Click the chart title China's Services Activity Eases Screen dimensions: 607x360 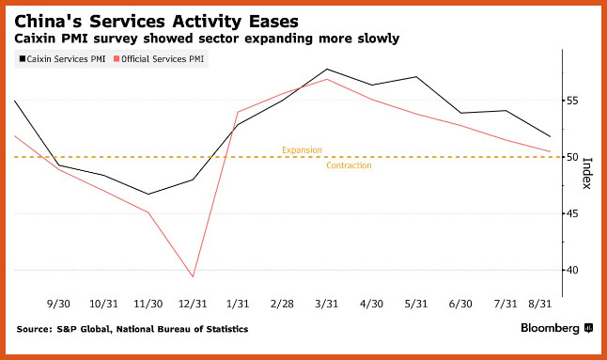coord(156,22)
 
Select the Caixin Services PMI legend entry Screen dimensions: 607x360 coord(62,59)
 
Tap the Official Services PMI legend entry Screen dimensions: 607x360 coord(159,59)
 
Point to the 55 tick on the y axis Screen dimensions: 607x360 coord(572,101)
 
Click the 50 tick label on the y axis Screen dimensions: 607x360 coord(572,157)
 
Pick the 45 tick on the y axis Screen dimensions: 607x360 coord(572,213)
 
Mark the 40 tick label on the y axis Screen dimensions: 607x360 coord(572,270)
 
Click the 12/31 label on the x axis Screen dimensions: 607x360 coord(193,304)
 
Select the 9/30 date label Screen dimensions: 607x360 coord(58,304)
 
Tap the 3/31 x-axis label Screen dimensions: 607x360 coord(327,304)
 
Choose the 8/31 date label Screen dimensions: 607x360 coord(540,304)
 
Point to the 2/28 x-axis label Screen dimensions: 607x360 coord(282,304)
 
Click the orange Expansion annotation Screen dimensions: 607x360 coord(302,149)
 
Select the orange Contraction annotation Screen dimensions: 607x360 coord(349,165)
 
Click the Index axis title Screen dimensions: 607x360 coord(587,173)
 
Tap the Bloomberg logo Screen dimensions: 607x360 coord(556,328)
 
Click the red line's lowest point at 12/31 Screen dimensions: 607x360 coord(193,276)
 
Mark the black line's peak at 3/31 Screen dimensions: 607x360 coord(327,69)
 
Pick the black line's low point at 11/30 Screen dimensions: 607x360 coord(148,194)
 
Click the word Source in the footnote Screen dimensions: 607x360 coord(34,329)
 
